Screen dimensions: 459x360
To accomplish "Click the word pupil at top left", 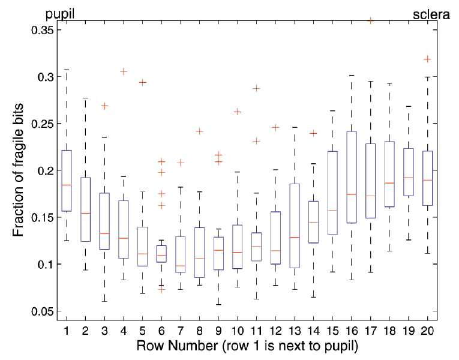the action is [60, 14].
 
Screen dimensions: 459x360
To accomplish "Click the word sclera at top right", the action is [431, 14].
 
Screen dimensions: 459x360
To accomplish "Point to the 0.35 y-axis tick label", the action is [43, 30].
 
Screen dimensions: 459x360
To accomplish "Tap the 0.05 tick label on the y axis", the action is [43, 311].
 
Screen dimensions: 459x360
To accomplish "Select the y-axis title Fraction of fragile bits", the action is [18, 170].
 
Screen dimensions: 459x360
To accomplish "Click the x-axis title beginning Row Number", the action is [247, 346].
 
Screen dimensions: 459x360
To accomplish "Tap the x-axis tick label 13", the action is [295, 331].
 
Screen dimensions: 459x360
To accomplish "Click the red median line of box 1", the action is [67, 185].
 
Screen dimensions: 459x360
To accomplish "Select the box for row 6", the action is [161, 245].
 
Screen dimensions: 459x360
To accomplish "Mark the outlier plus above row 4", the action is [124, 72].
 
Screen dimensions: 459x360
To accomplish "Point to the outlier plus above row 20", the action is [428, 59].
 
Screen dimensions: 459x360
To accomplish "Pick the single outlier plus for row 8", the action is [200, 131].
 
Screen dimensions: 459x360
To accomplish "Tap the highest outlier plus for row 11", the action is [256, 88].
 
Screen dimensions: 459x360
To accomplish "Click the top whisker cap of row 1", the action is [67, 70].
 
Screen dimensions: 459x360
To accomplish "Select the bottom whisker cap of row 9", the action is [218, 305].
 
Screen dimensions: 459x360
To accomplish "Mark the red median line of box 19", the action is [409, 178].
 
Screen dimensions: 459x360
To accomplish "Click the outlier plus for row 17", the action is [371, 21].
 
